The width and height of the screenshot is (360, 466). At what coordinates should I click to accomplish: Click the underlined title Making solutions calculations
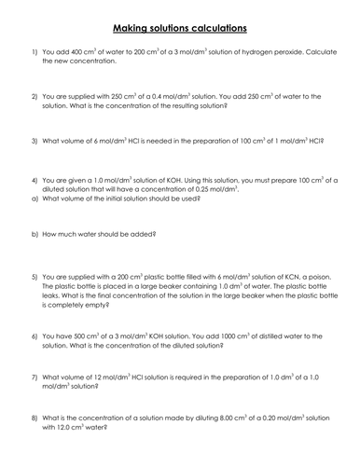(x=179, y=29)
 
